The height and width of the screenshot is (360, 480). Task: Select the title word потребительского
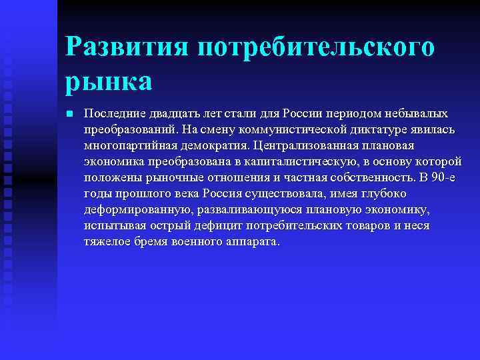click(316, 48)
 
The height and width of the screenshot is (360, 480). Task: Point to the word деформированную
click(135, 209)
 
